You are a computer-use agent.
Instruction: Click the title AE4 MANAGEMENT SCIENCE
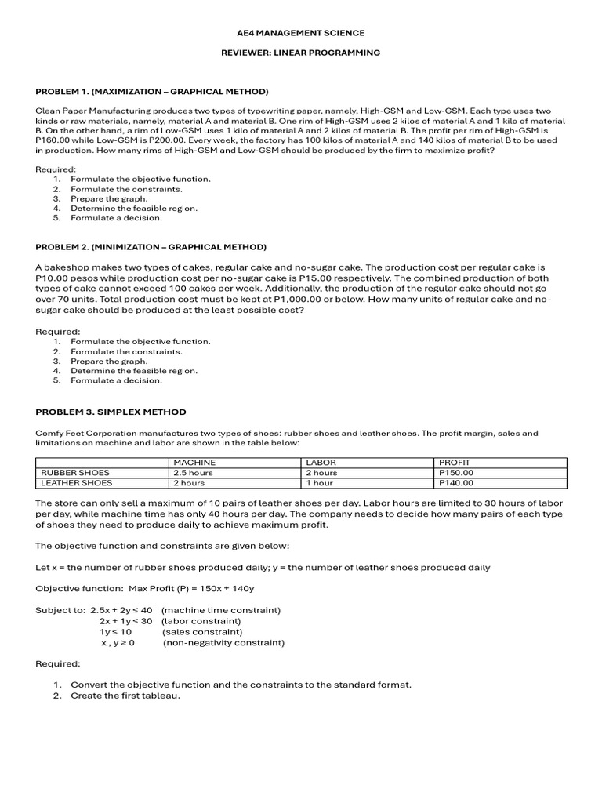click(x=301, y=33)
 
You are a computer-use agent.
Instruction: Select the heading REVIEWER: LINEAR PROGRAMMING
click(x=301, y=53)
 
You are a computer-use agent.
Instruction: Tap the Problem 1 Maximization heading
click(x=152, y=92)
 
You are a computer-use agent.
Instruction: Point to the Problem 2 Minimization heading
click(x=151, y=247)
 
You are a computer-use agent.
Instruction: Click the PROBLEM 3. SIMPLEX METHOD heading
click(x=111, y=412)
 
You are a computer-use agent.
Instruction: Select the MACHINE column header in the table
click(x=194, y=463)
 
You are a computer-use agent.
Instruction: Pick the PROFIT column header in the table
click(x=455, y=463)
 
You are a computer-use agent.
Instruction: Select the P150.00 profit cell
click(x=456, y=473)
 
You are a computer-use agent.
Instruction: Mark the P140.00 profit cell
click(x=456, y=483)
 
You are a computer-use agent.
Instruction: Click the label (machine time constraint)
click(x=221, y=610)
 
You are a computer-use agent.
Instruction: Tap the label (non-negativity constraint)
click(x=223, y=642)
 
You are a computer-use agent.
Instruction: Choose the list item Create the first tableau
click(x=125, y=695)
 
